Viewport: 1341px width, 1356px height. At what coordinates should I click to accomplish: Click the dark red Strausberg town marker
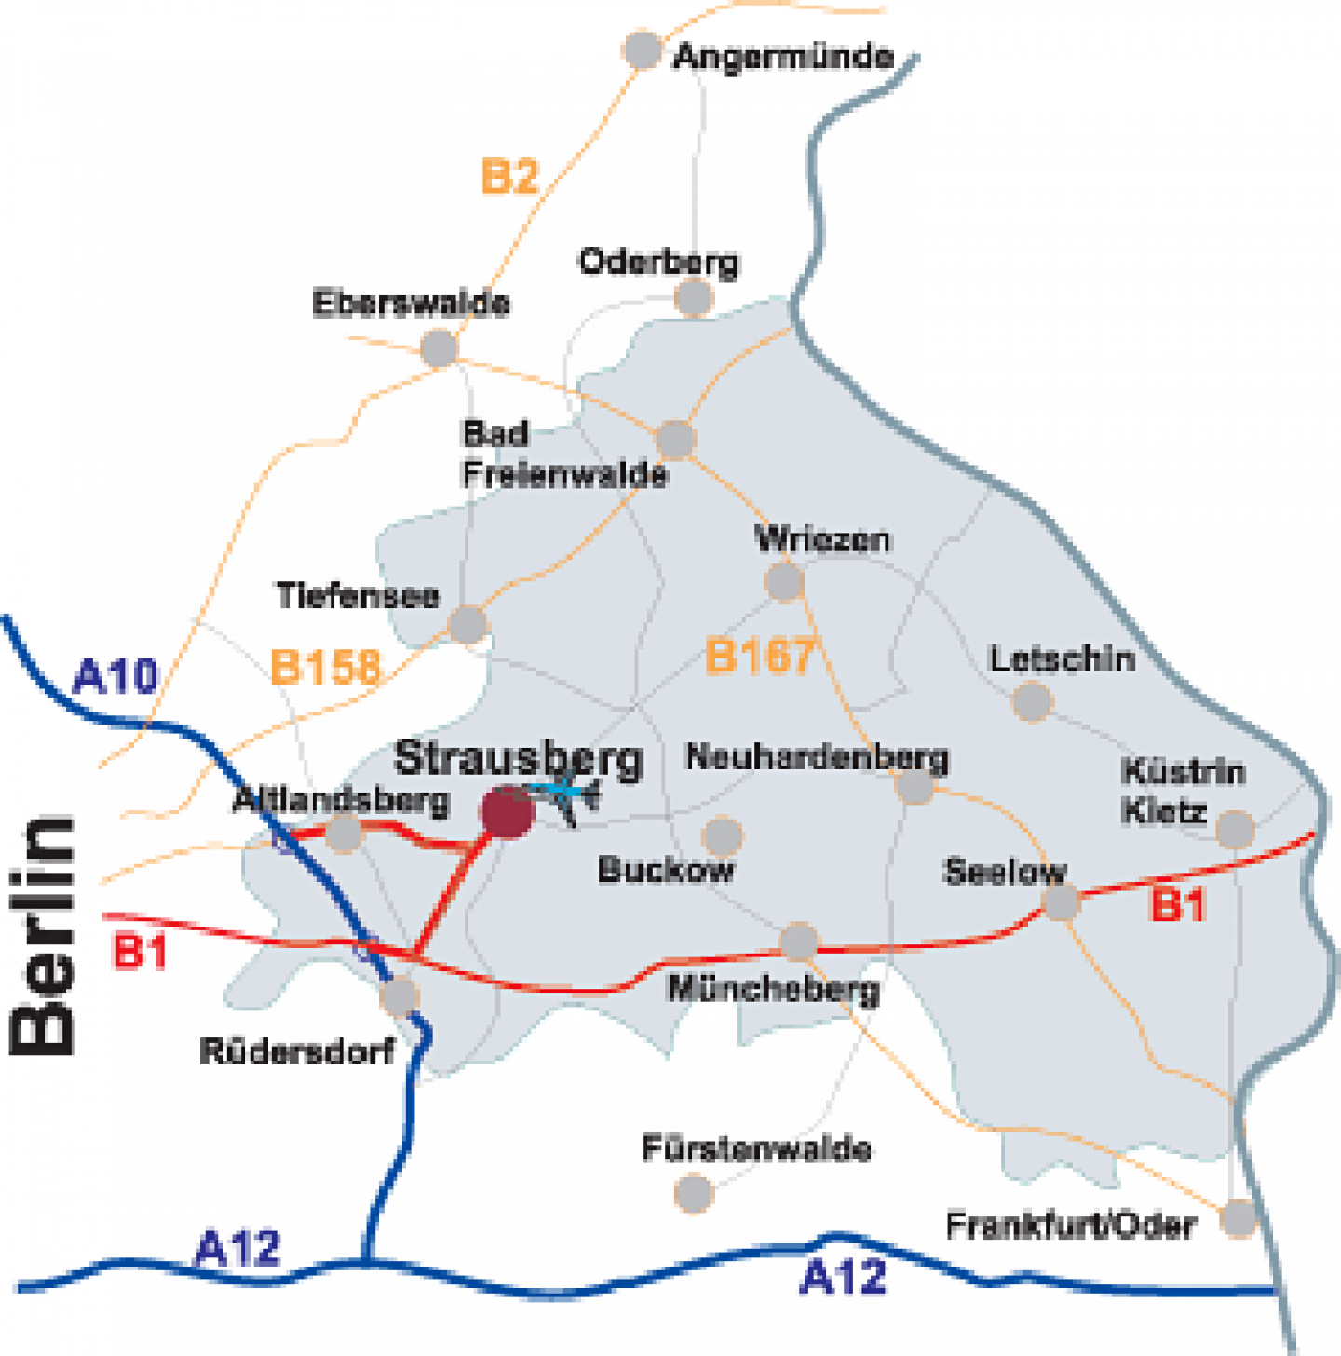click(x=508, y=811)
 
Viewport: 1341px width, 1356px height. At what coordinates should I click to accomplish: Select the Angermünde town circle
click(x=642, y=49)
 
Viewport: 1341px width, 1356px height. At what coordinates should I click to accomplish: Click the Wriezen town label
click(x=823, y=539)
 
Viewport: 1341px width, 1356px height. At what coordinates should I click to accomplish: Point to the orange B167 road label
click(x=760, y=655)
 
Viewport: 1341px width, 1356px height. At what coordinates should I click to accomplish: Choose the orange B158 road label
click(x=326, y=666)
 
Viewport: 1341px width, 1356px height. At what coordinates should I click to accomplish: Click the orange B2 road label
click(x=509, y=176)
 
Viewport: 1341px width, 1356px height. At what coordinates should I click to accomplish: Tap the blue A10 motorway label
click(x=115, y=676)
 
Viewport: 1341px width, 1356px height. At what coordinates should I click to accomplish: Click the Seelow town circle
click(x=1061, y=902)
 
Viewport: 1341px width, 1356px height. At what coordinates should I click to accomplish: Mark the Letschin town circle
click(x=1032, y=701)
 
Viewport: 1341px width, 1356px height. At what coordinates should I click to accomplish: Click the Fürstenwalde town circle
click(x=694, y=1193)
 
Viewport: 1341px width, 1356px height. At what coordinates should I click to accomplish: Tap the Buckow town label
click(x=666, y=870)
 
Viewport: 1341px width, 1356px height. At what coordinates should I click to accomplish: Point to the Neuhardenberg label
click(x=817, y=757)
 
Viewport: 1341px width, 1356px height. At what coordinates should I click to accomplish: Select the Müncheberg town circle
click(x=799, y=942)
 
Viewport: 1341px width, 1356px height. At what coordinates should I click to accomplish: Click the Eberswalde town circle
click(x=439, y=347)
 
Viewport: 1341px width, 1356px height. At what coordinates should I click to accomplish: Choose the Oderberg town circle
click(x=693, y=297)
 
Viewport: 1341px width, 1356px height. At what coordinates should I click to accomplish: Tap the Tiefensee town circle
click(x=467, y=624)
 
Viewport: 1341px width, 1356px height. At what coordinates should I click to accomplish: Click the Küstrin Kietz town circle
click(x=1236, y=828)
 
